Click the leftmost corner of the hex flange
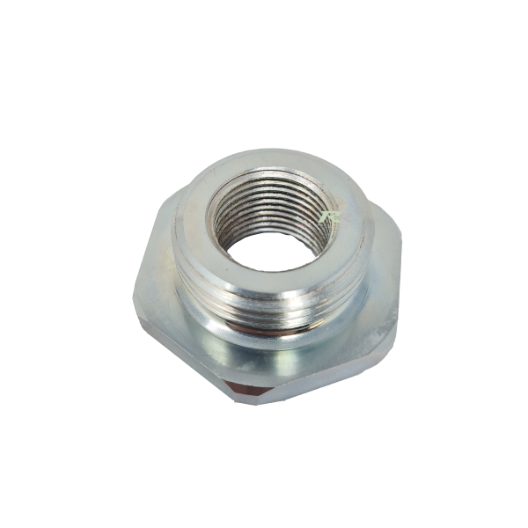[x=134, y=299]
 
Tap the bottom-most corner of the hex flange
[x=239, y=398]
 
